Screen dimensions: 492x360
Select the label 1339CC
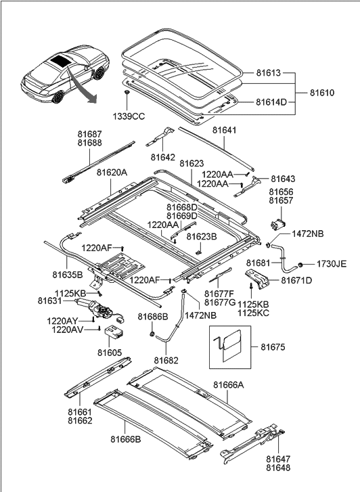click(x=128, y=116)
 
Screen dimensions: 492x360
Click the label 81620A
click(x=112, y=173)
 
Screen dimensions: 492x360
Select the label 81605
click(x=110, y=352)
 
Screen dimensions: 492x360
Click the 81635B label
click(x=68, y=275)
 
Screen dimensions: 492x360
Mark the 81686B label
click(x=152, y=317)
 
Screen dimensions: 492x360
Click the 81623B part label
click(x=202, y=237)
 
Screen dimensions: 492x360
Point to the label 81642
click(x=163, y=157)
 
